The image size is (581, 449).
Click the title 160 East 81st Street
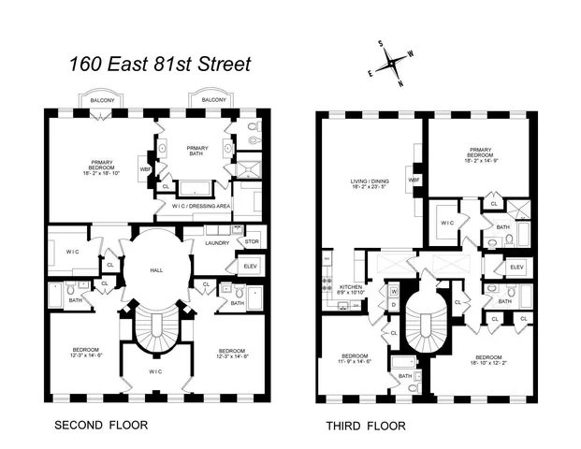(160, 65)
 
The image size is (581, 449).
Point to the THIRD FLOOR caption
(365, 426)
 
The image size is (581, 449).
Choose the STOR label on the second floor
(252, 241)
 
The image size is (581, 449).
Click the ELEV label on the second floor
(249, 266)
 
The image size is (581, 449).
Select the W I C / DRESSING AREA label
(199, 207)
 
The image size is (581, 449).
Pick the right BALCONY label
(213, 99)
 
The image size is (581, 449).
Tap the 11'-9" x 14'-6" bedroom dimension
(355, 362)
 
